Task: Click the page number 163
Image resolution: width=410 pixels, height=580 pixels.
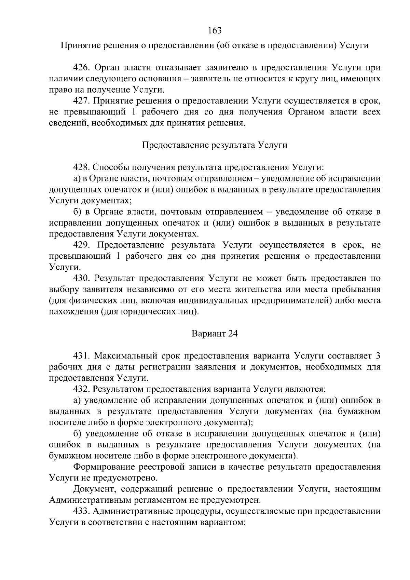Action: (215, 30)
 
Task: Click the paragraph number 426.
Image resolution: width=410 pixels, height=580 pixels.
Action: (81, 68)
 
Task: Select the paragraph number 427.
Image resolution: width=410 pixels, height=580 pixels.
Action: (81, 101)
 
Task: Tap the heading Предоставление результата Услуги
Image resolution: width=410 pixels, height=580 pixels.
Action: (215, 145)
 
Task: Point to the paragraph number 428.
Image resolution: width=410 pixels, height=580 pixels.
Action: (81, 167)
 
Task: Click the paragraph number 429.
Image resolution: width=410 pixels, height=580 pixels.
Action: (81, 245)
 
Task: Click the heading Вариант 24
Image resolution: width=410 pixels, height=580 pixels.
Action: (215, 334)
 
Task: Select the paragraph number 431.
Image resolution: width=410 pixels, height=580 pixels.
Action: (81, 356)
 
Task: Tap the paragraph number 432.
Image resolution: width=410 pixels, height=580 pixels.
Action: (81, 389)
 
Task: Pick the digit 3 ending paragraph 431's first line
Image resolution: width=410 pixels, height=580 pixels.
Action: (378, 356)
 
